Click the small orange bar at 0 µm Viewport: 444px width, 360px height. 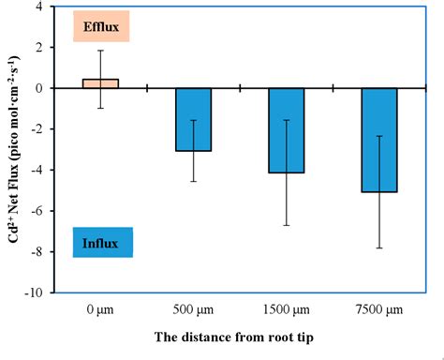pos(100,83)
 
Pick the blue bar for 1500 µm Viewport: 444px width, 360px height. pos(287,130)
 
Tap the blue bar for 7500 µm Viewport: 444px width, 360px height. pos(379,140)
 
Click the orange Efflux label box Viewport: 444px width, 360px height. pos(100,26)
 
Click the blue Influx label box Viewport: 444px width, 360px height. pos(101,243)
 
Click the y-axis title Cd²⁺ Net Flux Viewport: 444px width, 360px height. pos(12,150)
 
